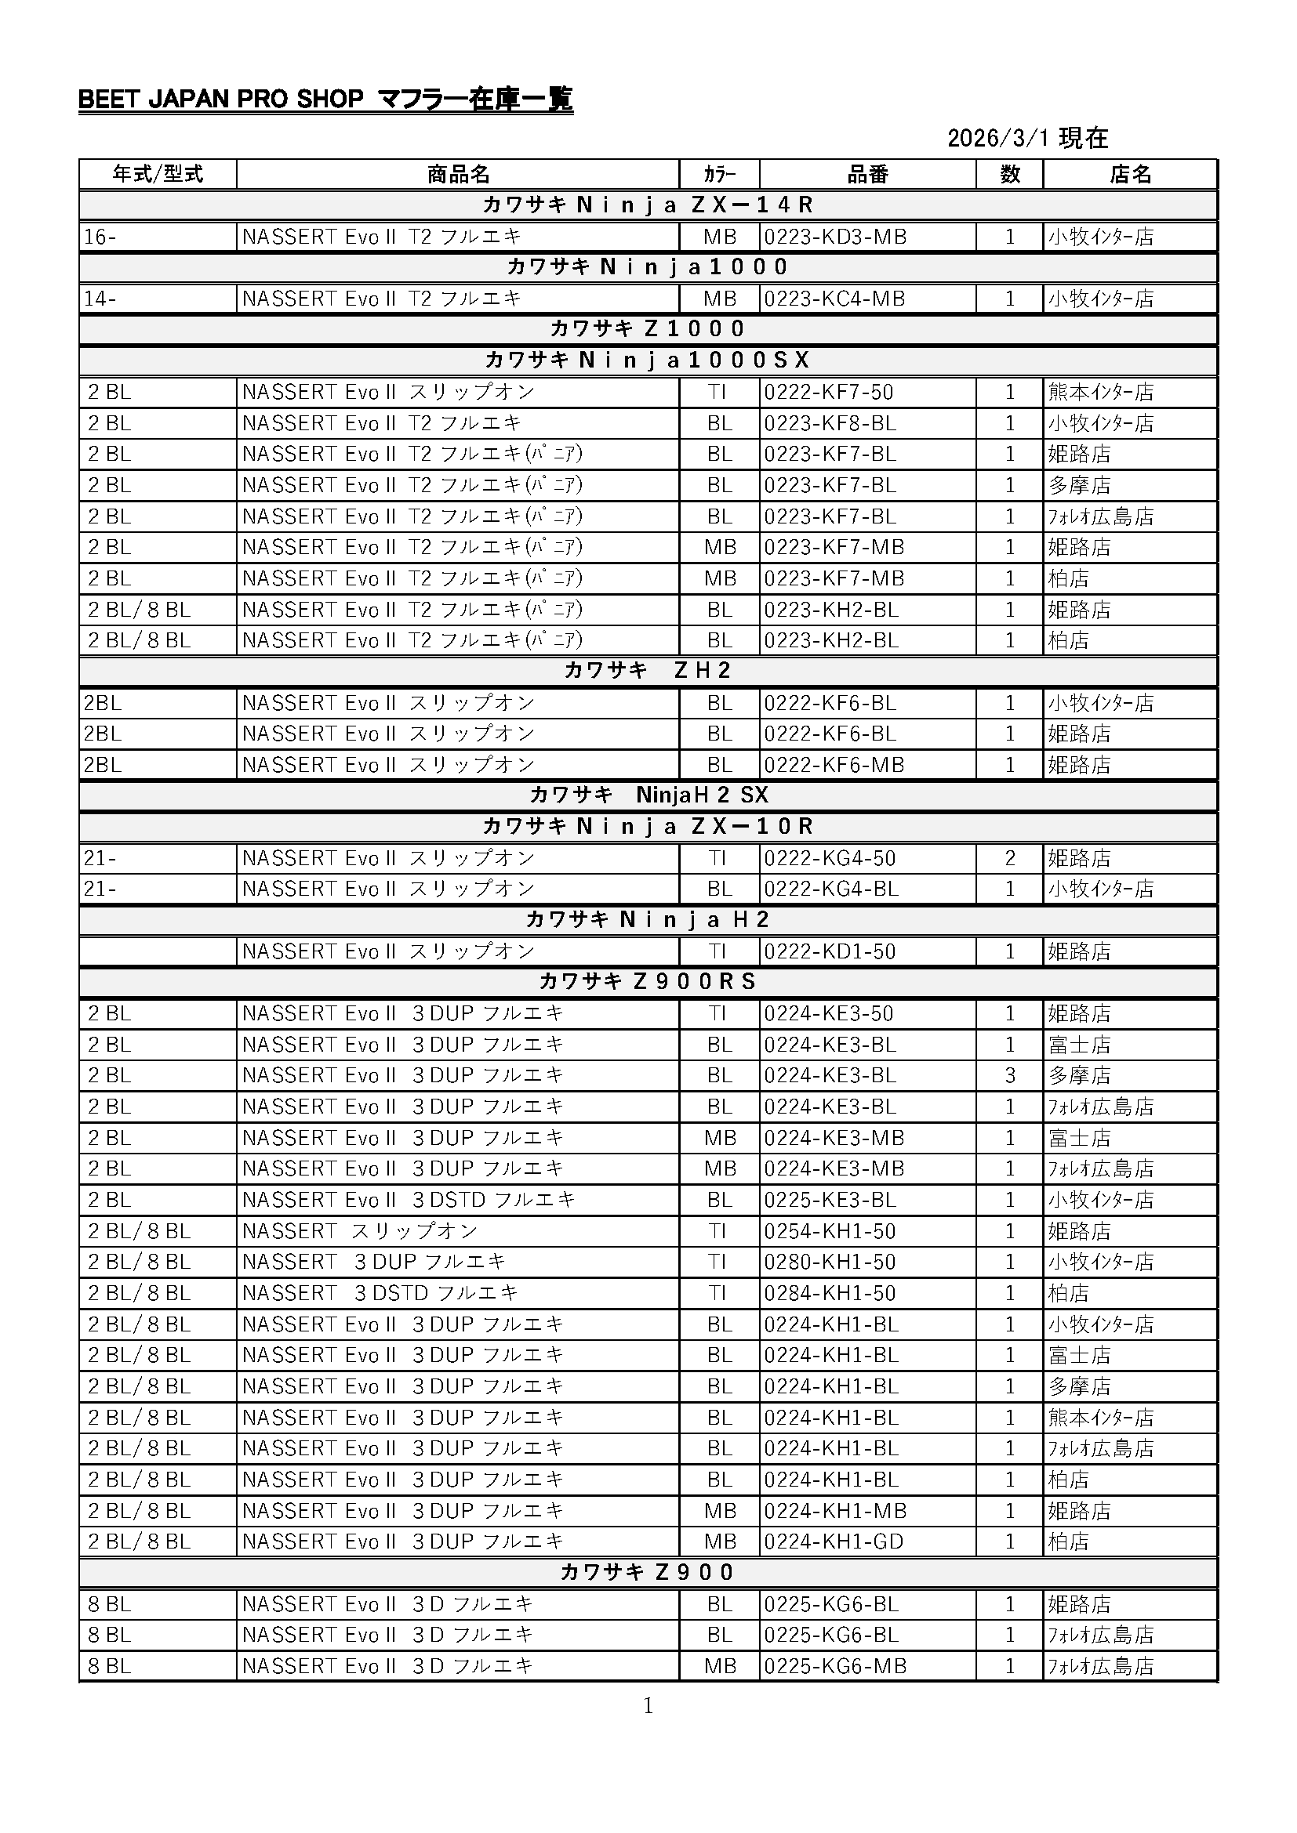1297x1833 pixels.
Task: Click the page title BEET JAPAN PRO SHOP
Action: click(220, 100)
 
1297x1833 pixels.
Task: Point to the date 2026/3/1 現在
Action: click(1027, 138)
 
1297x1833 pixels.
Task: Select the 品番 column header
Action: click(866, 174)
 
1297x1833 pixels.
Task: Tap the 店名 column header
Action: click(1129, 174)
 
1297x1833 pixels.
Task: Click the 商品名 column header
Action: click(458, 174)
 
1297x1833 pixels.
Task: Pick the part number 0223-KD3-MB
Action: click(834, 237)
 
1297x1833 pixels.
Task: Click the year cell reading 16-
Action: click(100, 237)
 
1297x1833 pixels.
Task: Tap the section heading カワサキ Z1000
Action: click(648, 329)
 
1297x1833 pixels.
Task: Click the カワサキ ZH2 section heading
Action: click(648, 671)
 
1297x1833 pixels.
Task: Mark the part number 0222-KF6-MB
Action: click(834, 765)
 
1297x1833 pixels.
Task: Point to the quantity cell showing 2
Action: click(1009, 858)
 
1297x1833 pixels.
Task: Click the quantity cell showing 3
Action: click(1009, 1075)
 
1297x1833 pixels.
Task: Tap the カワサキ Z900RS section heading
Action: click(648, 981)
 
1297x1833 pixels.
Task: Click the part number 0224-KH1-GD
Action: click(834, 1541)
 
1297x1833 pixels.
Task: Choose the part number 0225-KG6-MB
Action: click(834, 1666)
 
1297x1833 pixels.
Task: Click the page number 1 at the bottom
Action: click(648, 1706)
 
